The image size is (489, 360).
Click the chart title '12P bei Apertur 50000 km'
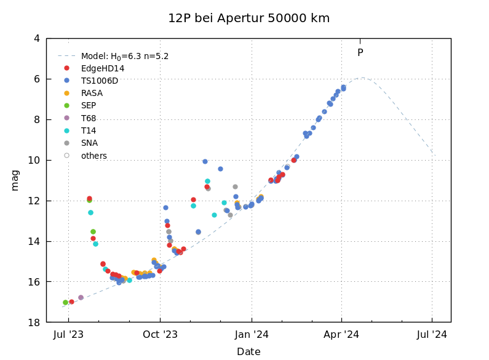pyautogui.click(x=248, y=18)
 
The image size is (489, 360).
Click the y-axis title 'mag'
pyautogui.click(x=15, y=180)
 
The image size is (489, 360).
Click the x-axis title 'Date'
pyautogui.click(x=248, y=352)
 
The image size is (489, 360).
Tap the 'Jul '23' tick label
pyautogui.click(x=68, y=335)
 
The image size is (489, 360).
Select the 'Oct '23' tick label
pyautogui.click(x=160, y=335)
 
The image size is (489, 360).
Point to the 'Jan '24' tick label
pyautogui.click(x=252, y=335)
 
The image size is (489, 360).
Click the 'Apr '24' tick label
pyautogui.click(x=341, y=335)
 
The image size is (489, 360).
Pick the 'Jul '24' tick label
pyautogui.click(x=432, y=335)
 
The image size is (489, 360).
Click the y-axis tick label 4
pyautogui.click(x=37, y=38)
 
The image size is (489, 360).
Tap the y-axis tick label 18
pyautogui.click(x=34, y=322)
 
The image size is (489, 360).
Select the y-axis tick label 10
pyautogui.click(x=34, y=160)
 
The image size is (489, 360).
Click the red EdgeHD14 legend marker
pyautogui.click(x=66, y=68)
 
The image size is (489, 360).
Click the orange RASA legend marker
pyautogui.click(x=66, y=94)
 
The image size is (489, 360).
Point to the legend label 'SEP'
pyautogui.click(x=89, y=106)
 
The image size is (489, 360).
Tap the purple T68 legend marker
pyautogui.click(x=66, y=118)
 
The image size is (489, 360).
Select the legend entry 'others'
pyautogui.click(x=94, y=156)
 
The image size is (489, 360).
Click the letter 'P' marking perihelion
pyautogui.click(x=360, y=53)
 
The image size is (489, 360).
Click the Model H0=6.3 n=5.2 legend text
pyautogui.click(x=125, y=56)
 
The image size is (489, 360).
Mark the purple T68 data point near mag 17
pyautogui.click(x=81, y=297)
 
